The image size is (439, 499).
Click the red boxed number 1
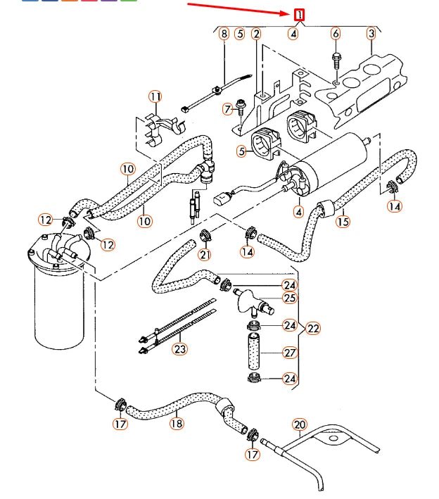point(300,14)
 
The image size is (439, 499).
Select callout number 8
point(224,33)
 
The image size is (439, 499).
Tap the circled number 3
point(371,33)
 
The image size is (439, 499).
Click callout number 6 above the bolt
point(335,33)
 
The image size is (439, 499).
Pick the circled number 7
point(227,109)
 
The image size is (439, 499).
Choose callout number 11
point(155,96)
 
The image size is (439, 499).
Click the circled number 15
point(343,222)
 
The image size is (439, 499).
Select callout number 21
point(205,254)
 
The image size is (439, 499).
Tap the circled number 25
point(290,298)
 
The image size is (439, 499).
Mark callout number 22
point(313,328)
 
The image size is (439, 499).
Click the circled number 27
point(290,352)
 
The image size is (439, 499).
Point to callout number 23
point(180,348)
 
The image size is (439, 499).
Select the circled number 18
point(176,423)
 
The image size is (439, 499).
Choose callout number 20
point(300,424)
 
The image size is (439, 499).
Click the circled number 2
point(256,33)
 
